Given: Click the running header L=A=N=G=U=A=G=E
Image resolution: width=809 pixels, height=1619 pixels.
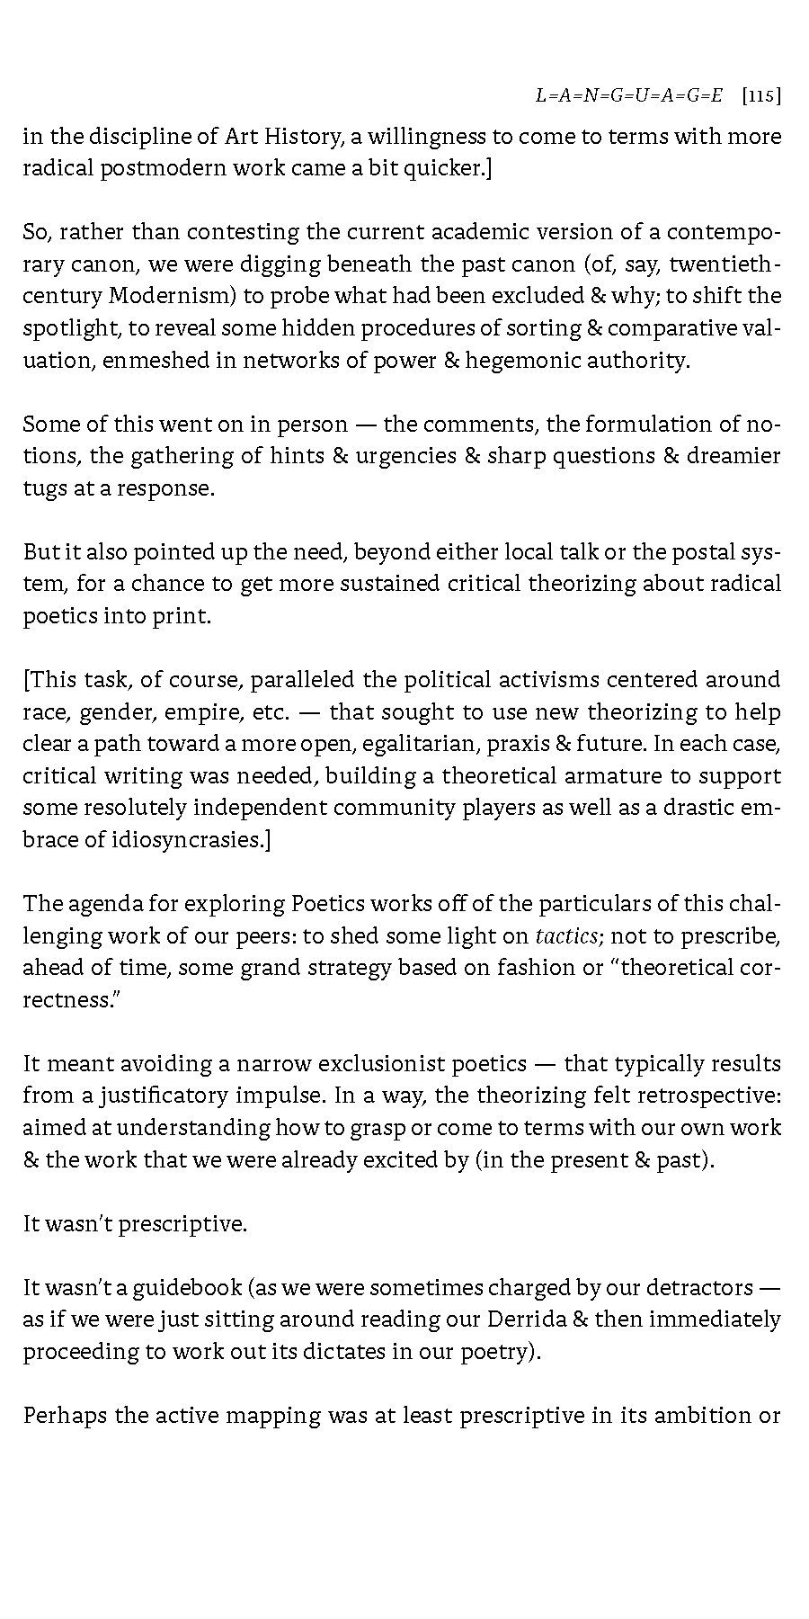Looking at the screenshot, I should click(x=628, y=96).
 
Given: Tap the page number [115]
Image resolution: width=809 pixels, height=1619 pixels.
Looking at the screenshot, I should click(x=761, y=96).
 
